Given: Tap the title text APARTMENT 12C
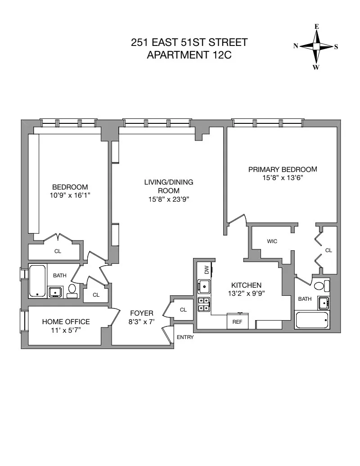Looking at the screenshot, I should coord(189,55).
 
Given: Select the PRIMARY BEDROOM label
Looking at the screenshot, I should coord(283,169).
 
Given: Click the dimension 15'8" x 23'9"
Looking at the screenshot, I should coord(168,199).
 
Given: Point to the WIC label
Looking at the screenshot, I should coord(272,241).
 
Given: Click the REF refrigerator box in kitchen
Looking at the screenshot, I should coord(237,321).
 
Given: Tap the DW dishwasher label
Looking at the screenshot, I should coord(207,270).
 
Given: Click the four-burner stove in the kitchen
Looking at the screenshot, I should coord(203,304).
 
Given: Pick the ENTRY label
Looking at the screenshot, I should coord(185,337).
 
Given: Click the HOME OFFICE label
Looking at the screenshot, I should coord(66,321).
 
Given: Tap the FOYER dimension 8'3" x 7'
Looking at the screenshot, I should coord(142,322).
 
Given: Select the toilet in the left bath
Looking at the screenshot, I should coord(72,291).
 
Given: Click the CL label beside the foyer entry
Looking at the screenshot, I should coord(183,310).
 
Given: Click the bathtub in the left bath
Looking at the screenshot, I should coord(37,281).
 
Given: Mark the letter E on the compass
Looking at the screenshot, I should coord(317,27).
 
